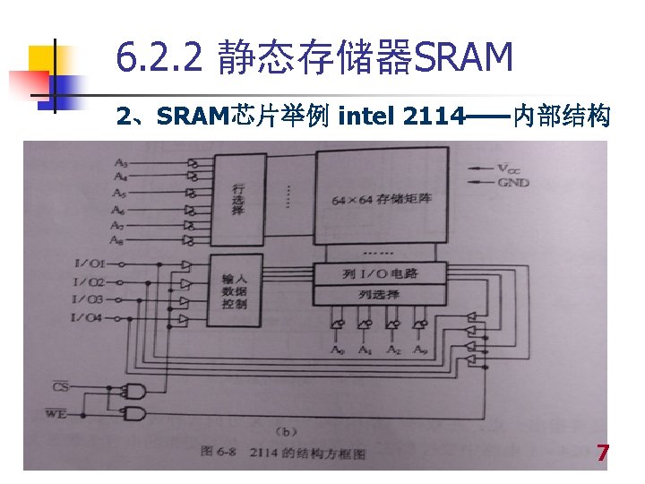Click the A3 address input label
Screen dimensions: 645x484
click(120, 163)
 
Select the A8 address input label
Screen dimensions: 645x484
click(117, 240)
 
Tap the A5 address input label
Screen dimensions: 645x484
click(119, 194)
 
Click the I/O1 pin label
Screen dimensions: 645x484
click(90, 264)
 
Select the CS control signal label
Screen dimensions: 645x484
click(60, 387)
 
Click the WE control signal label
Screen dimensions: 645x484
click(56, 413)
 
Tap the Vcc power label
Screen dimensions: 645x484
click(513, 168)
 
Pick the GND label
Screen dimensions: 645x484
click(514, 183)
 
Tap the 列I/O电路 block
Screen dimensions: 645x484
click(380, 272)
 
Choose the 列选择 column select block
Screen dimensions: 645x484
click(380, 294)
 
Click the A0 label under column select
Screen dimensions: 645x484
click(337, 350)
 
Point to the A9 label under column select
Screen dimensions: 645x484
click(420, 350)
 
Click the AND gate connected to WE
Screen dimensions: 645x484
click(135, 413)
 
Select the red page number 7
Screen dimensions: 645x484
click(603, 454)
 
